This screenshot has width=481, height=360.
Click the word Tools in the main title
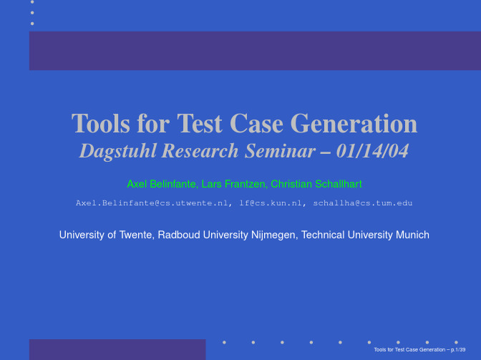point(101,123)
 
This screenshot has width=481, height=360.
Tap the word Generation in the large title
point(354,123)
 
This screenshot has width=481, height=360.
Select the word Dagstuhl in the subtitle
point(118,152)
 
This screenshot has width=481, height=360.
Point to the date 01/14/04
point(372,151)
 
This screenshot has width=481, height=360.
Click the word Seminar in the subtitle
point(280,151)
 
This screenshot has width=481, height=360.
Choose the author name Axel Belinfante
point(162,184)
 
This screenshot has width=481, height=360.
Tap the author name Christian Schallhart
point(316,184)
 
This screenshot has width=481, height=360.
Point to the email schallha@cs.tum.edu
point(363,203)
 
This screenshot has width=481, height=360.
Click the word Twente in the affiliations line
point(137,235)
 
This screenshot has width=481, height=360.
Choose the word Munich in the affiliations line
point(412,235)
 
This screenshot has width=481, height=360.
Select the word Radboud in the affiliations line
point(179,235)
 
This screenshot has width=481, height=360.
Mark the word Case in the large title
point(256,123)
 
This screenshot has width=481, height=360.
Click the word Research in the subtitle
point(200,151)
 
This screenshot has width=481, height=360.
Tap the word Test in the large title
point(200,123)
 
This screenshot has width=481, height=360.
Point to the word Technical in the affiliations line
point(323,235)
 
